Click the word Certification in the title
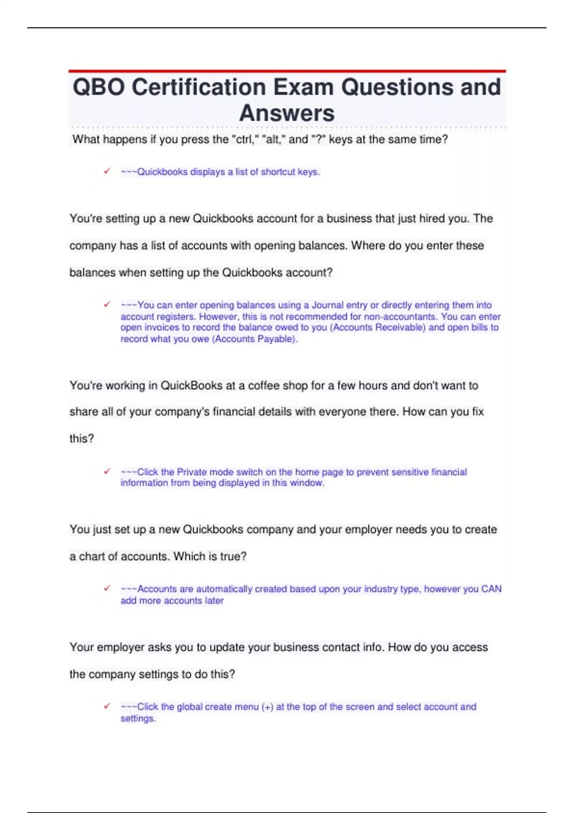click(198, 88)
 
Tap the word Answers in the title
click(287, 113)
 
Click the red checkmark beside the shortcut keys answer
click(107, 171)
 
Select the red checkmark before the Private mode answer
click(107, 471)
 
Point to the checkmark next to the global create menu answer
click(107, 706)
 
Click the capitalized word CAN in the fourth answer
click(491, 589)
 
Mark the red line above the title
click(287, 71)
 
